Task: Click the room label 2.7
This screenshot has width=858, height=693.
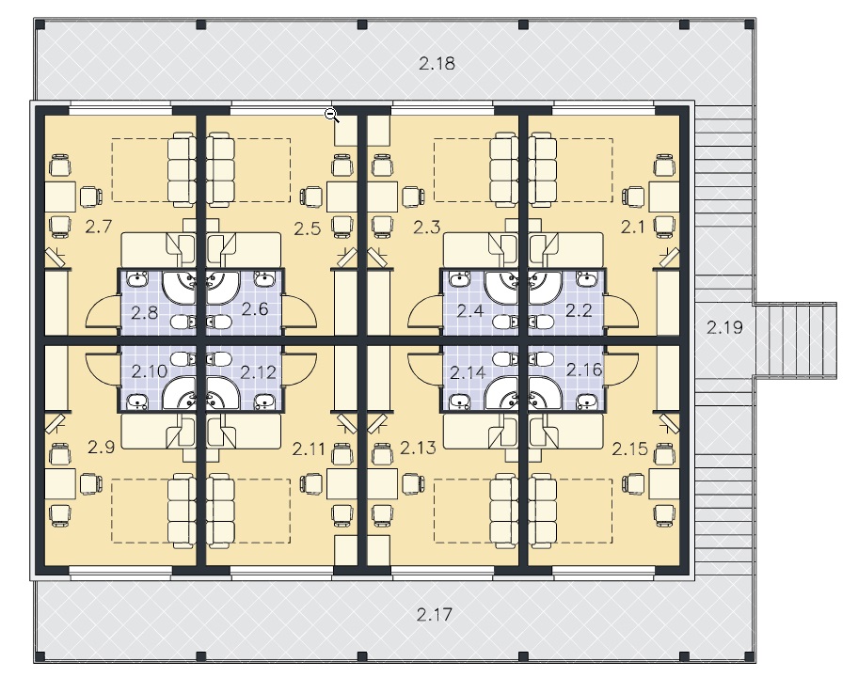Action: pyautogui.click(x=99, y=226)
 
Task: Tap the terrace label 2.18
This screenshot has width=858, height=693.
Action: pyautogui.click(x=437, y=63)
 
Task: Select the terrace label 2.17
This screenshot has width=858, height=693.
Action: pyautogui.click(x=435, y=614)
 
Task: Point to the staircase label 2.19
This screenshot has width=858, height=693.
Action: pyautogui.click(x=724, y=327)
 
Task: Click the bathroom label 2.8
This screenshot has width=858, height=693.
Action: pyautogui.click(x=145, y=312)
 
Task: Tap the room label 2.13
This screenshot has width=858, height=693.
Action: pyautogui.click(x=418, y=448)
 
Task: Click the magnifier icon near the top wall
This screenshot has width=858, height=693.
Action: pyautogui.click(x=332, y=116)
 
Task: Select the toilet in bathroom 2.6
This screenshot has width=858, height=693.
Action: pyautogui.click(x=219, y=323)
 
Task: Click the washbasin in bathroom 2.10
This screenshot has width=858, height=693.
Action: pyautogui.click(x=136, y=402)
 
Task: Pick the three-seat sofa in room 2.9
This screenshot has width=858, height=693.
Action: pyautogui.click(x=182, y=512)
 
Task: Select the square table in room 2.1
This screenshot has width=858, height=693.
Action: pyautogui.click(x=664, y=197)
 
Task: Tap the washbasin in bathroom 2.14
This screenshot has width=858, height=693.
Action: pyautogui.click(x=458, y=402)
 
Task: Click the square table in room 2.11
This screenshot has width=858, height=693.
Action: pyautogui.click(x=342, y=484)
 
